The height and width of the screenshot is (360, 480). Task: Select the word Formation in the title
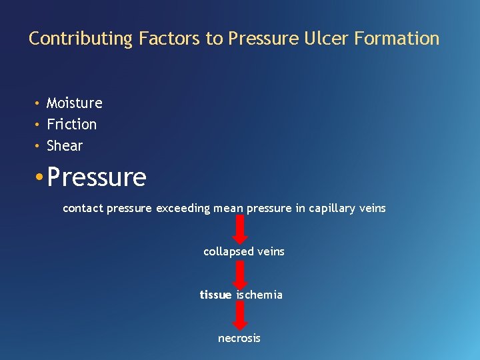tap(397, 39)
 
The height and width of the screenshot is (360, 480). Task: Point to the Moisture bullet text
tap(74, 103)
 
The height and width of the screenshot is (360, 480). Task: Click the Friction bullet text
tap(71, 125)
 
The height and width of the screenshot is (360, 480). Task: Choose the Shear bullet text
tap(65, 146)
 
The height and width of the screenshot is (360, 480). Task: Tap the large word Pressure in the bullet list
tap(97, 177)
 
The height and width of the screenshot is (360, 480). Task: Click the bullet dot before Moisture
tap(39, 103)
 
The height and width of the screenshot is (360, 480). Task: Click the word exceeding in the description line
tap(183, 209)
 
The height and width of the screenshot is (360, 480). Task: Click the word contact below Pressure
tap(83, 209)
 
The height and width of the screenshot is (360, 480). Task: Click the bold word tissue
tap(215, 295)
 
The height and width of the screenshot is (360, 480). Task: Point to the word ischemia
tap(259, 295)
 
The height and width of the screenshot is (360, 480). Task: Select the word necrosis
tap(239, 339)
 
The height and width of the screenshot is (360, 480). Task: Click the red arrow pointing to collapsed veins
tap(241, 229)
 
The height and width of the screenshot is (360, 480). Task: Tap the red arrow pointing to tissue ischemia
tap(241, 273)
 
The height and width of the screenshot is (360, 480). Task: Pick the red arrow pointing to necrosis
tap(241, 316)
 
